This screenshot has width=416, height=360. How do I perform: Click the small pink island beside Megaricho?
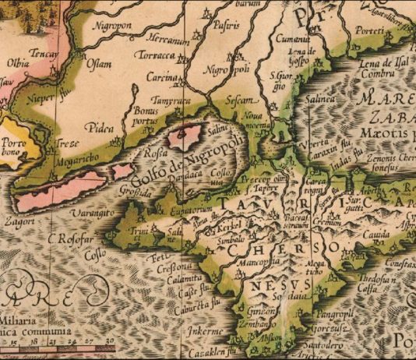pyautogui.click(x=122, y=171)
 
